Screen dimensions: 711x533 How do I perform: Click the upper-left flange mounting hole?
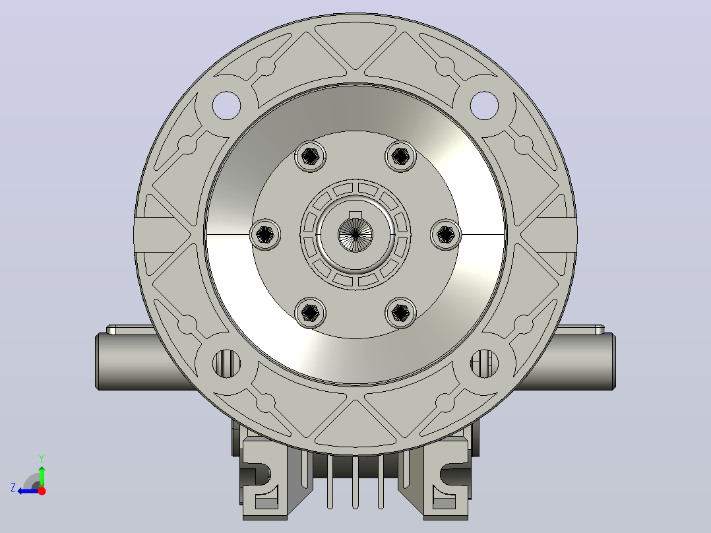(226, 106)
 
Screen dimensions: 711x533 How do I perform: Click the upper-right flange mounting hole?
(484, 106)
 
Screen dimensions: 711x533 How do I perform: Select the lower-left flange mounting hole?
(226, 363)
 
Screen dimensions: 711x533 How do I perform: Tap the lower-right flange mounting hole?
(484, 363)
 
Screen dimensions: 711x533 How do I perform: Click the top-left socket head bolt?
(310, 156)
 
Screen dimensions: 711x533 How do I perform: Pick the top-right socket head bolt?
(400, 156)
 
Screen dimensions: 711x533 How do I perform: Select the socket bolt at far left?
(265, 235)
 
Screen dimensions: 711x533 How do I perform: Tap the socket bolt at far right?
(446, 235)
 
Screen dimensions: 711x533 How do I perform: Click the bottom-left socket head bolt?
(310, 313)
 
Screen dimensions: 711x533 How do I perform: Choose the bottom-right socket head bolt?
(400, 313)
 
